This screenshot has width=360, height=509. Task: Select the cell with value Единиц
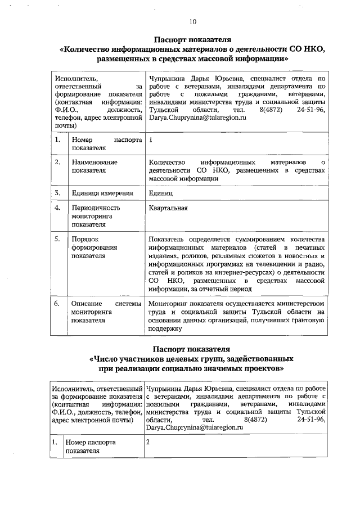pos(161,193)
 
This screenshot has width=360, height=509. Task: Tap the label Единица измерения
pos(102,193)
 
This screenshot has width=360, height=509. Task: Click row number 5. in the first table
pos(57,239)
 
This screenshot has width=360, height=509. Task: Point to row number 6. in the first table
pos(57,304)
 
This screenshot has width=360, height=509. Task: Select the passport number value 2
pos(148,442)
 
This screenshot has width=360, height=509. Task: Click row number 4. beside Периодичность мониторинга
pos(57,208)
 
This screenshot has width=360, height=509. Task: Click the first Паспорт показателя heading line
pos(192,40)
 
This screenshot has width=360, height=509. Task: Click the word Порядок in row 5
pos(85,239)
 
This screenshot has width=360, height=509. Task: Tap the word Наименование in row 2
pos(94,162)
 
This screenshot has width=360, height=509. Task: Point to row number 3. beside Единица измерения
pos(57,193)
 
